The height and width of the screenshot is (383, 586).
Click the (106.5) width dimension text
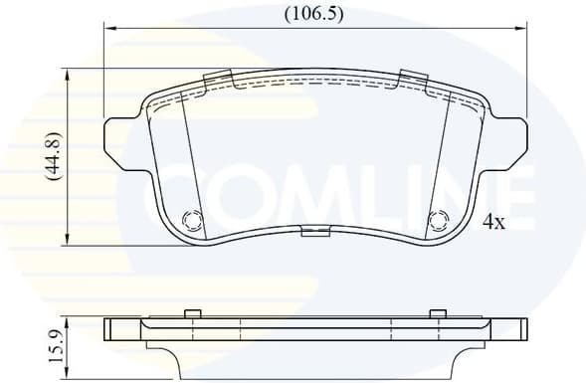coord(313,14)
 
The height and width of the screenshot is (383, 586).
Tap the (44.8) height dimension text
coord(53,156)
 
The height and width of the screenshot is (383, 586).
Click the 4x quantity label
coord(493,223)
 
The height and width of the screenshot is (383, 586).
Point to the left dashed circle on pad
coord(192,220)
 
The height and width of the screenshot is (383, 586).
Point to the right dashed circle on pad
coord(438,220)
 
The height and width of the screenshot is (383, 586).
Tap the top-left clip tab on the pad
coord(217,79)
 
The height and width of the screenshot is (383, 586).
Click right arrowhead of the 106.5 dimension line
coord(520,29)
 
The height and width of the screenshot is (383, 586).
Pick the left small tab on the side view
coord(193,314)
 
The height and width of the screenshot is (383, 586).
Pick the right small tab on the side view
coord(436,314)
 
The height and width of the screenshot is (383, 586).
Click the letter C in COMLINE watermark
coord(175,196)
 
